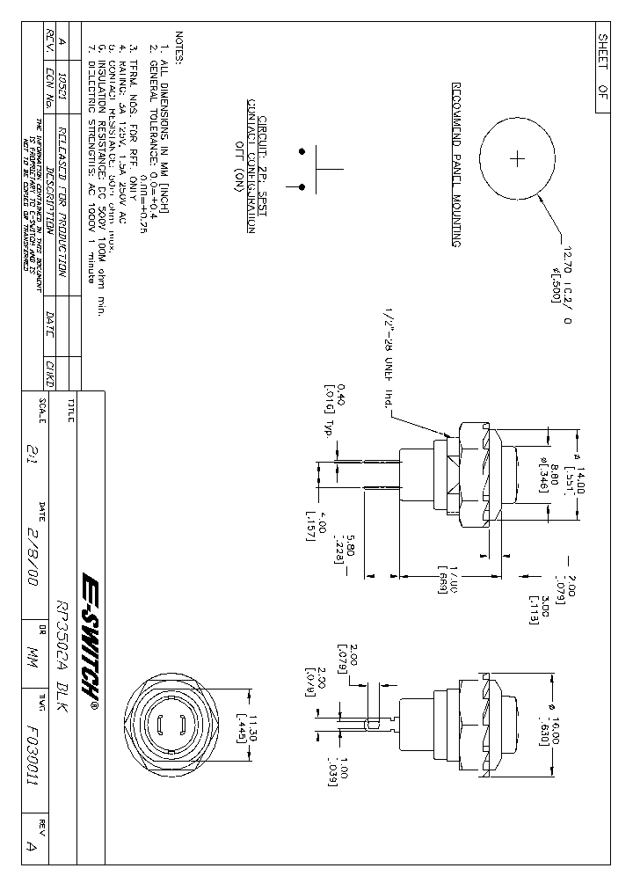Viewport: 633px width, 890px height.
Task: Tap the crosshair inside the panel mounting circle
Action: point(517,159)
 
